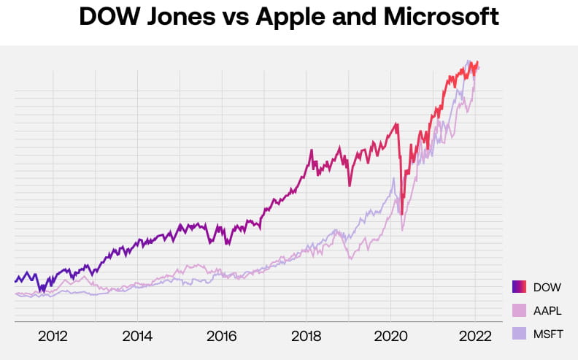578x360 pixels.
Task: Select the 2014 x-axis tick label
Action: point(137,337)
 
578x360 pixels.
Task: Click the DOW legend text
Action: point(547,287)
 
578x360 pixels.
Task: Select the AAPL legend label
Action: point(547,310)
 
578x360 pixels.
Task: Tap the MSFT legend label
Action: point(547,334)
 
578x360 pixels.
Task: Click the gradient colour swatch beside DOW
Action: point(520,287)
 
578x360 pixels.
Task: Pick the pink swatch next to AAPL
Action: point(520,310)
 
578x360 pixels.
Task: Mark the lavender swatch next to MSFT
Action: point(520,334)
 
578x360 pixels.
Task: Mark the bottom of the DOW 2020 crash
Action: point(402,214)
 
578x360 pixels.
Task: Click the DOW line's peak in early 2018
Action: point(312,151)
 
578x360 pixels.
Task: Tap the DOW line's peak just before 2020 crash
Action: point(398,123)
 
